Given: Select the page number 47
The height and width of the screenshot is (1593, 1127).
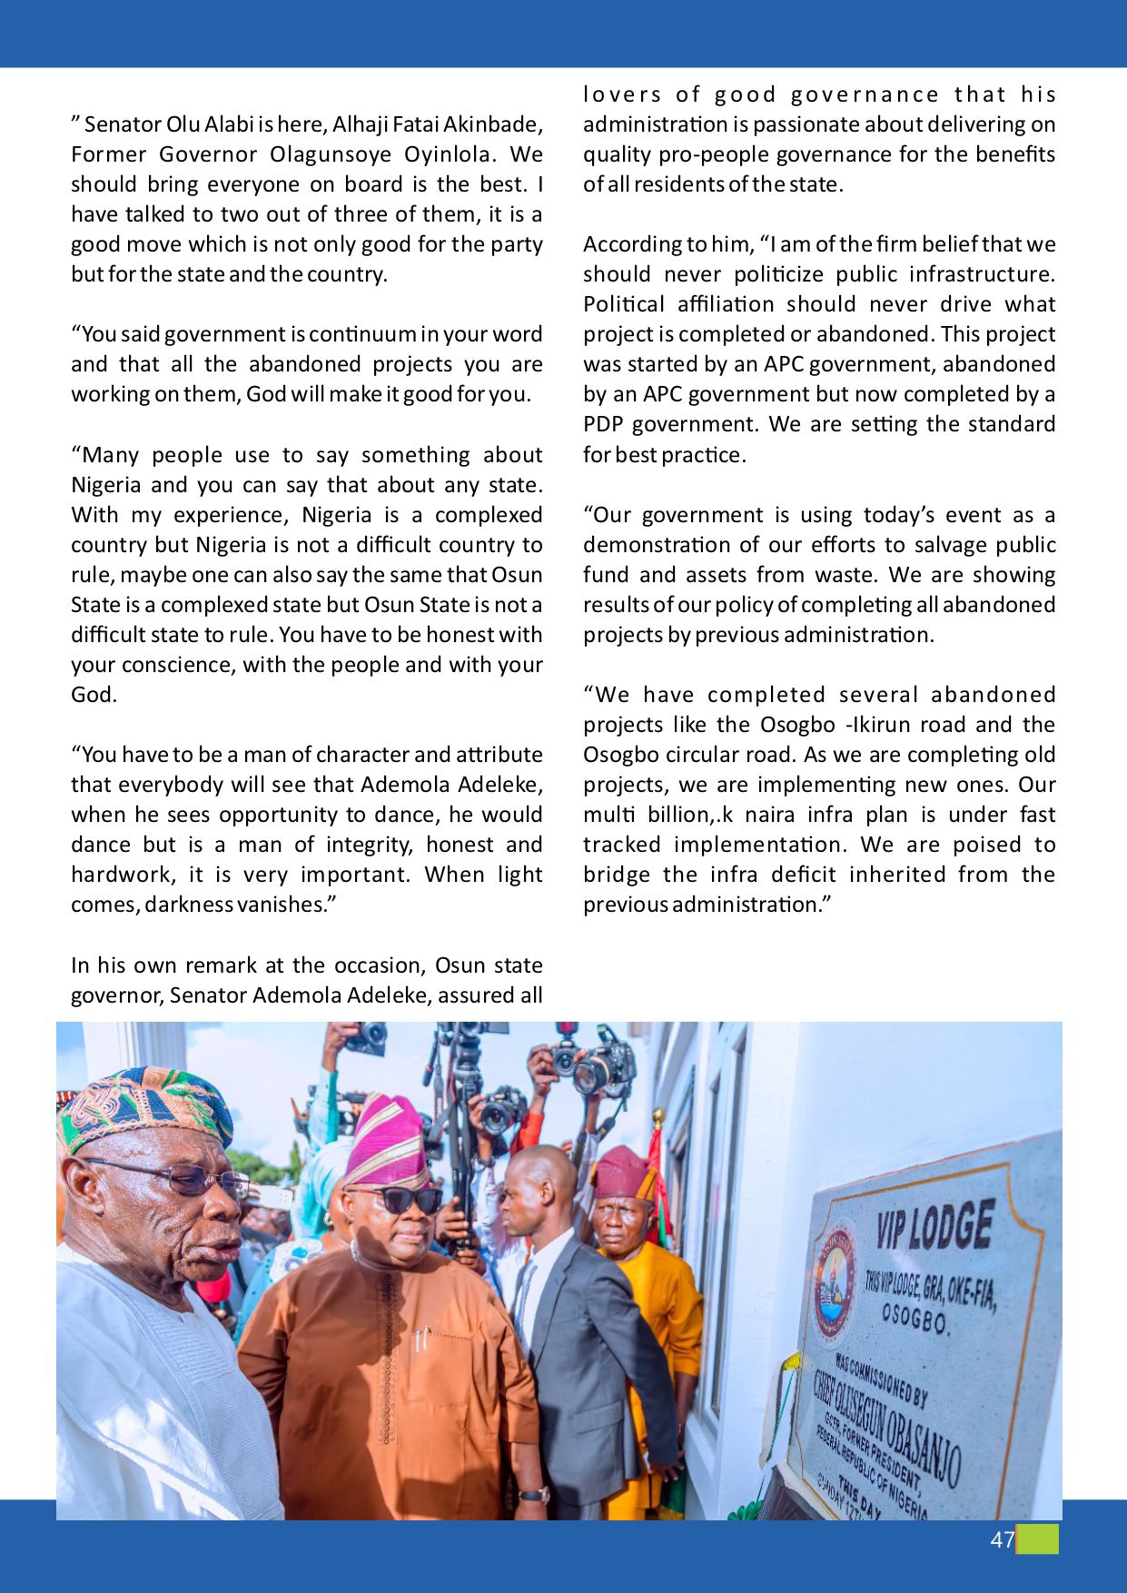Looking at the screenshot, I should coord(1002,1540).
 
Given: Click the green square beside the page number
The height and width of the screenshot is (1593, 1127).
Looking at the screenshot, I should coord(1038,1539).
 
